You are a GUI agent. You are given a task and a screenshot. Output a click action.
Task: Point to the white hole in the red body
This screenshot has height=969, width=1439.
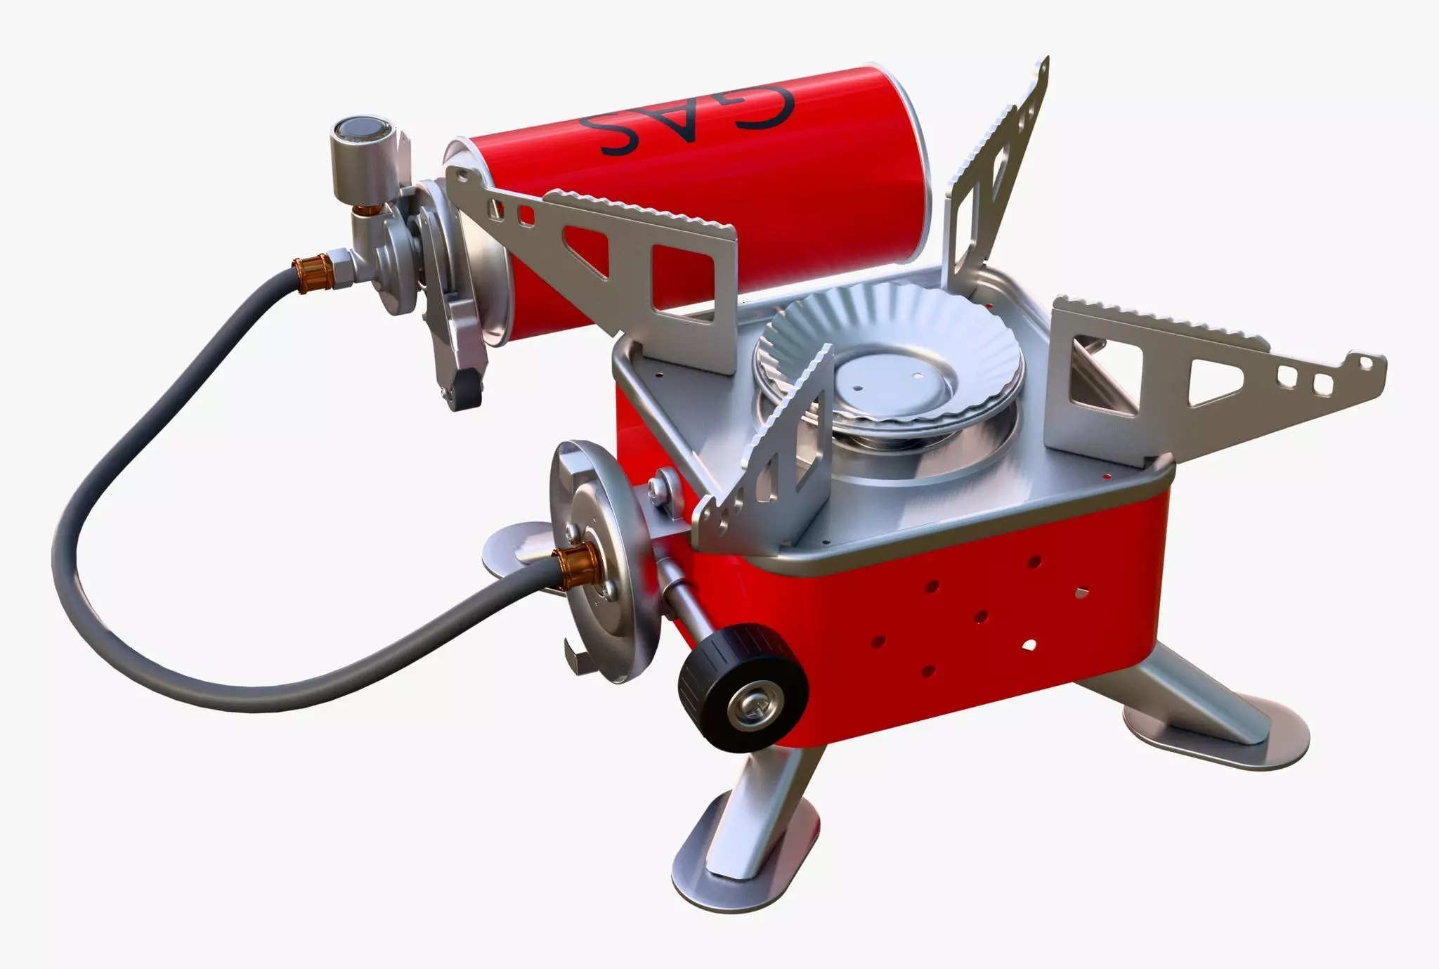pyautogui.click(x=1029, y=644)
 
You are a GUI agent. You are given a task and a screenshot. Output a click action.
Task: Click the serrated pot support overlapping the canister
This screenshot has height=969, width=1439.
pyautogui.click(x=618, y=260)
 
